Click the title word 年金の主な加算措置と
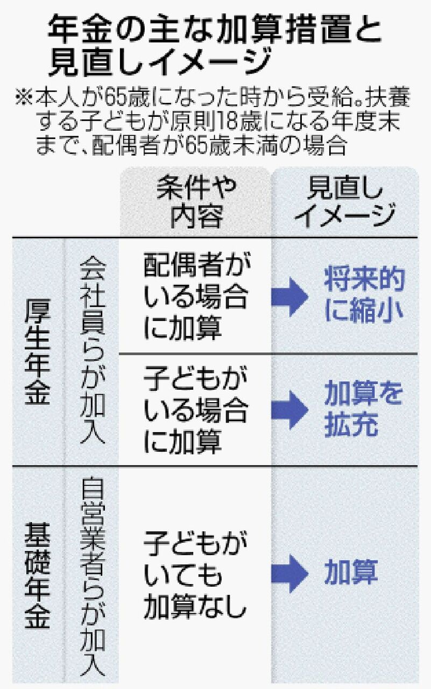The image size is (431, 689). (x=214, y=32)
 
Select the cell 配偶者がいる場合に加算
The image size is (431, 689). (x=195, y=296)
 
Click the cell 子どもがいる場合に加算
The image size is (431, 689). (x=195, y=411)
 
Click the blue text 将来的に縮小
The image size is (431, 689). (x=363, y=297)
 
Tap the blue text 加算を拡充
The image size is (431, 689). (x=363, y=411)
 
